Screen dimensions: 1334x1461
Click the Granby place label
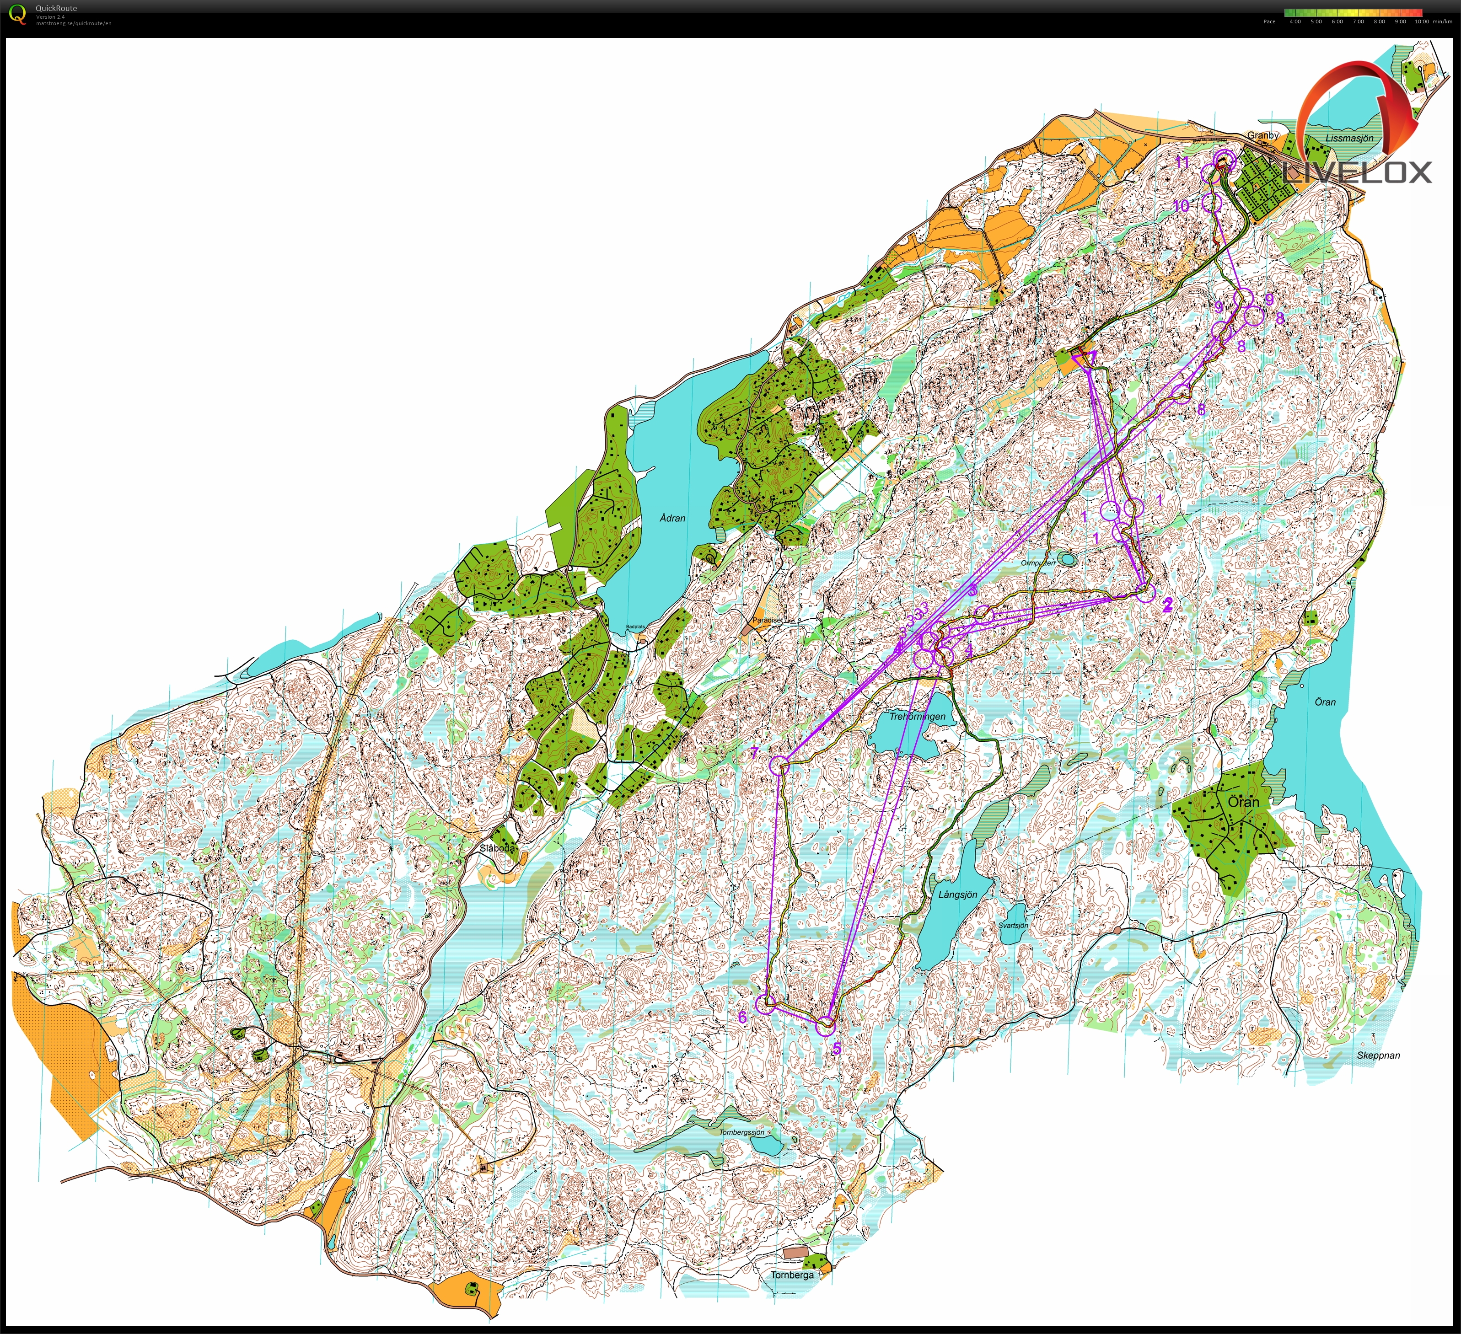tap(1262, 135)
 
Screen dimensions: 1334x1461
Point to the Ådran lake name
tap(672, 518)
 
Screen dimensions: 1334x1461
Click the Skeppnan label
tap(1378, 1056)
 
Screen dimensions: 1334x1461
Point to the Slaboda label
tap(497, 848)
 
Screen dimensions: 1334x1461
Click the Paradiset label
tap(767, 620)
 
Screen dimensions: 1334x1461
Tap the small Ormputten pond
tap(1067, 559)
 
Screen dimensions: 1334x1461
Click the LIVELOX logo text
tap(1357, 172)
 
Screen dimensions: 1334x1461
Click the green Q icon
tap(16, 14)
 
